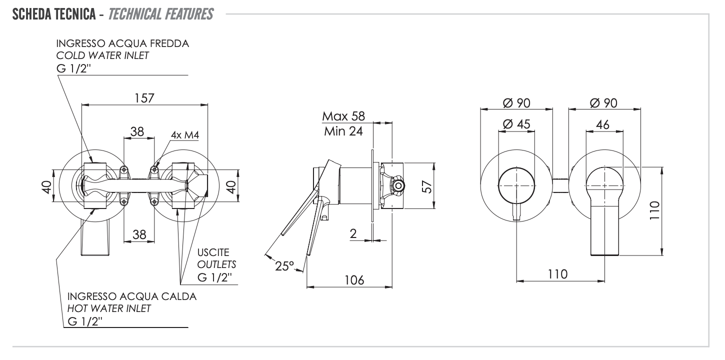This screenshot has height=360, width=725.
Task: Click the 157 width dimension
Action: [143, 98]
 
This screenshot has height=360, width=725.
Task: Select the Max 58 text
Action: [343, 116]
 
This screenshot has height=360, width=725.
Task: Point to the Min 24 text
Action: [343, 132]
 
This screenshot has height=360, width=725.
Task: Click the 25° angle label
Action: [284, 266]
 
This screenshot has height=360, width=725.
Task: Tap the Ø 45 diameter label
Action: [516, 124]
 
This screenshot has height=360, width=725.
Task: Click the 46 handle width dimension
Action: [603, 124]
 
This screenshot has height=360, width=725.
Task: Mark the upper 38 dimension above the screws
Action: [137, 131]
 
